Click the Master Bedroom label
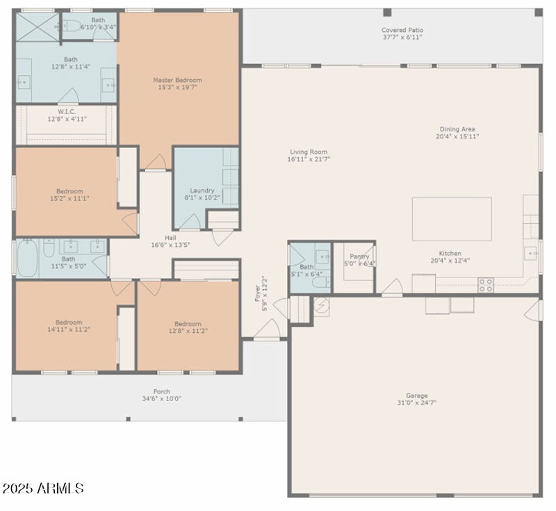coord(172,80)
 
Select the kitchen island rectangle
coord(452,219)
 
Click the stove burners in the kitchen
coord(486,284)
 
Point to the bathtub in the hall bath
coord(27,258)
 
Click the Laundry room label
coord(202,190)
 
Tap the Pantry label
coord(359,257)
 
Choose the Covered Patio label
coord(402,30)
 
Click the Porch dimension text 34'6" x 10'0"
coord(161,399)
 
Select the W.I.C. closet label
coord(67,111)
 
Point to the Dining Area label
coord(457,129)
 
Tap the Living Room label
coord(309,152)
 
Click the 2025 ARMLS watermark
coord(43,489)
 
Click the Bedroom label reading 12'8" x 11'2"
coord(188,324)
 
